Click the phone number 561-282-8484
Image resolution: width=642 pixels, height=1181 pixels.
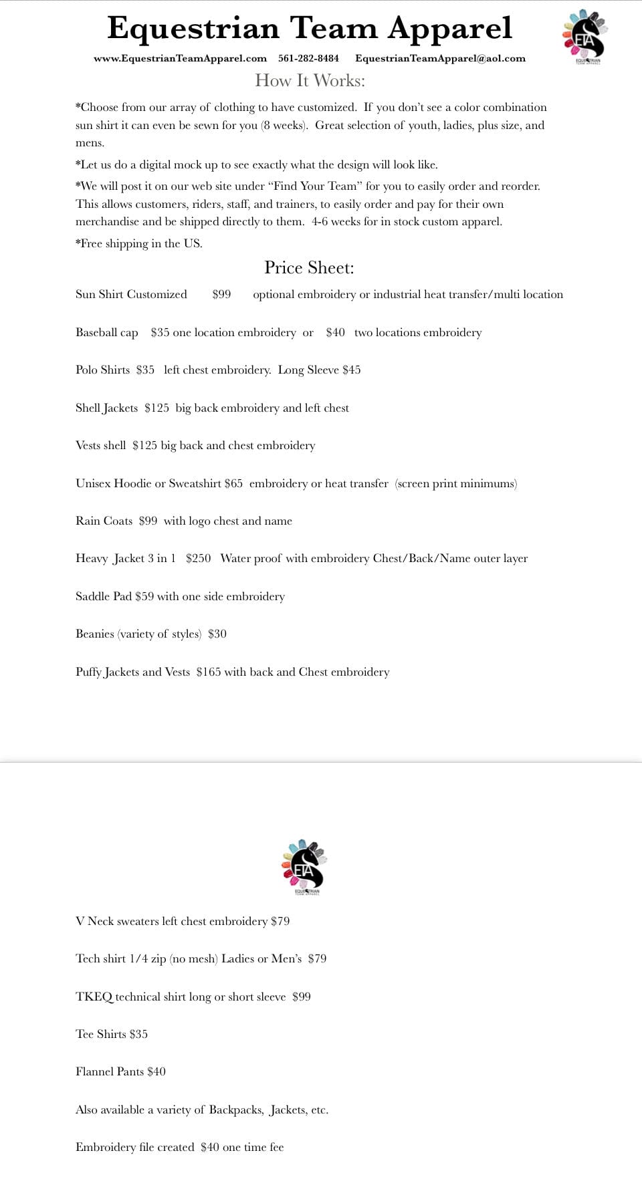pyautogui.click(x=308, y=58)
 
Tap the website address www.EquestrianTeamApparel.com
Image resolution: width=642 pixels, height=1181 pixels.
pyautogui.click(x=180, y=58)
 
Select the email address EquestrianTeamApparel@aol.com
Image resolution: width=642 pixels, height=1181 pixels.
pyautogui.click(x=440, y=58)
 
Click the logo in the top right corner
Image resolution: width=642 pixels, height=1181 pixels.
pyautogui.click(x=584, y=37)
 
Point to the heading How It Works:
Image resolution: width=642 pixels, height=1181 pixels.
pyautogui.click(x=310, y=81)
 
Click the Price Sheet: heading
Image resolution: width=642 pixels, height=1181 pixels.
pyautogui.click(x=309, y=267)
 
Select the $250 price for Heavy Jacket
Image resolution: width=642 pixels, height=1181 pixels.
pyautogui.click(x=198, y=558)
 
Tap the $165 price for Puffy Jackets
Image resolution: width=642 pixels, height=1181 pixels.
pyautogui.click(x=208, y=672)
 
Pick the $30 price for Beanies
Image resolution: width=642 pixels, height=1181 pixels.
pyautogui.click(x=217, y=634)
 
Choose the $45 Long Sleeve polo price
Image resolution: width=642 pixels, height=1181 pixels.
pyautogui.click(x=351, y=370)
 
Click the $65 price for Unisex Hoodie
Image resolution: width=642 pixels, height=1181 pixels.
pyautogui.click(x=233, y=483)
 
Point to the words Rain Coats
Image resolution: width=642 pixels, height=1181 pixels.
pyautogui.click(x=104, y=521)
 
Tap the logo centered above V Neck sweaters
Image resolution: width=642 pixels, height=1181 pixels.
pyautogui.click(x=304, y=867)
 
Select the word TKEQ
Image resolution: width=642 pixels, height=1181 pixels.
pyautogui.click(x=94, y=997)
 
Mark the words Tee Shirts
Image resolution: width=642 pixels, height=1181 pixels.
pyautogui.click(x=101, y=1034)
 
